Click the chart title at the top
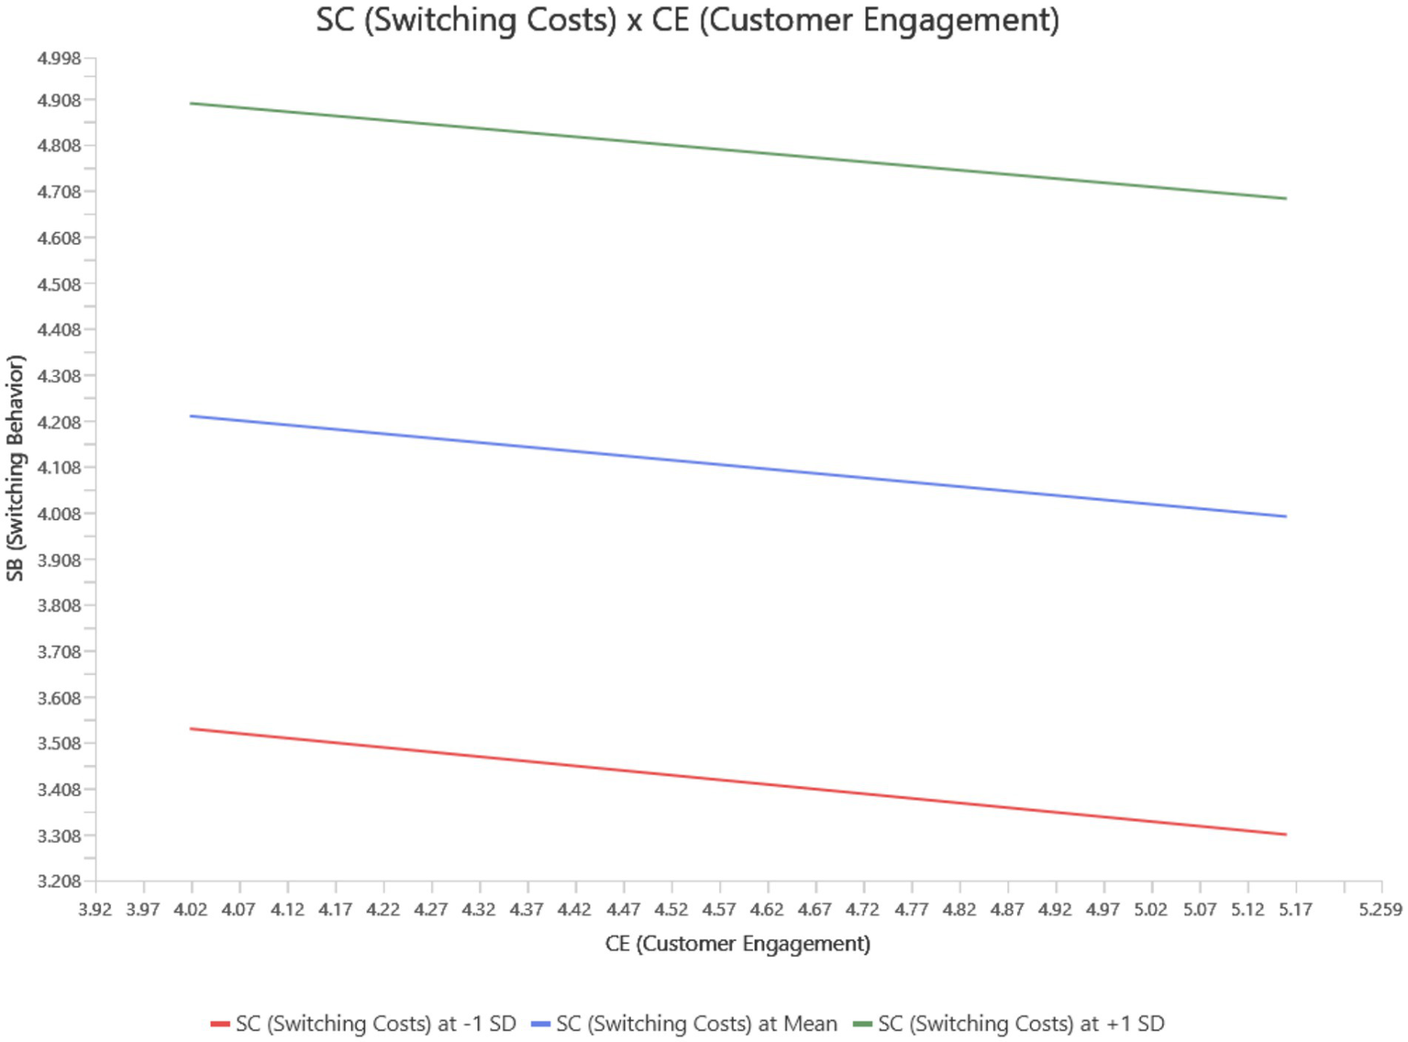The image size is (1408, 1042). point(687,20)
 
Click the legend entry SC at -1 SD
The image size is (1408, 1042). point(364,1024)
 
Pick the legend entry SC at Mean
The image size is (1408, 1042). point(685,1024)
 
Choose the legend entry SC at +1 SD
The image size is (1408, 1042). point(1009,1024)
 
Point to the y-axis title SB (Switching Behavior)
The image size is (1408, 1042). point(15,468)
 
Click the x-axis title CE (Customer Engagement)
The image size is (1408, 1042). point(737,944)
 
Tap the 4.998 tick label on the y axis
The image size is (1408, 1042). point(59,59)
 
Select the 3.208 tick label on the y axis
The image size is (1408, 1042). point(59,881)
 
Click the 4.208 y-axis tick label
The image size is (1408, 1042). point(59,423)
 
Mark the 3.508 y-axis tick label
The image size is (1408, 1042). point(59,744)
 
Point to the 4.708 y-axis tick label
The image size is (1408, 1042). point(59,193)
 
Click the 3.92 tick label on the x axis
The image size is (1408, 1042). point(95,909)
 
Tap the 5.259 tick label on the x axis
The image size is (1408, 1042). point(1380,909)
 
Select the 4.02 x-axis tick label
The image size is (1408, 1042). point(191,909)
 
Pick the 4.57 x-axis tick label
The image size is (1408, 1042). point(719,909)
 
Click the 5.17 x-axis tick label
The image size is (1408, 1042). point(1295,909)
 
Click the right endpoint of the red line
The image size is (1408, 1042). point(1286,835)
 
